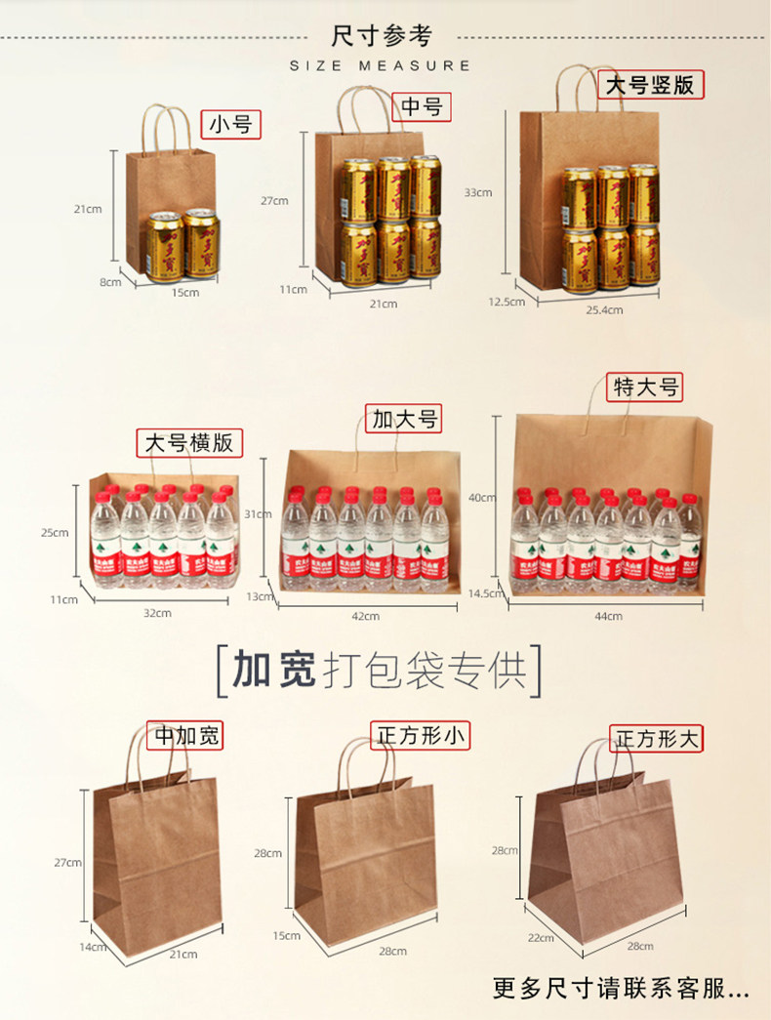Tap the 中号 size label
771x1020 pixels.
pos(422,106)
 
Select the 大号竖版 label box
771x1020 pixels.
pos(650,85)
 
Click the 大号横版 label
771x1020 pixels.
pos(189,442)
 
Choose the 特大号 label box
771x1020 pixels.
pos(645,387)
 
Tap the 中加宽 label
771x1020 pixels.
pos(185,735)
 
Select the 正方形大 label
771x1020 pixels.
pos(658,739)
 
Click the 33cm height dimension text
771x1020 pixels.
pos(478,192)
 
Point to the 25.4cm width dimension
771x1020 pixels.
pos(604,310)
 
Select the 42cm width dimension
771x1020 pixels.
pos(365,616)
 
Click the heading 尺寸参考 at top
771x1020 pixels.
pos(382,36)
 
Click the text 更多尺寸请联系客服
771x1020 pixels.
pos(621,989)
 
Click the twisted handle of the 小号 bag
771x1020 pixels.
pos(169,124)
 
